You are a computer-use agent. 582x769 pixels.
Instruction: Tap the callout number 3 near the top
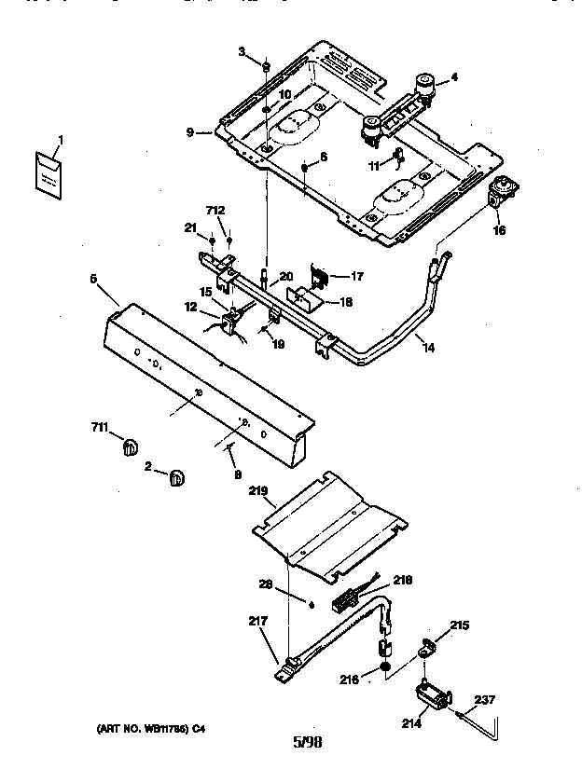pos(241,51)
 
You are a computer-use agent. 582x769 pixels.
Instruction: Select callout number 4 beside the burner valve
pos(454,78)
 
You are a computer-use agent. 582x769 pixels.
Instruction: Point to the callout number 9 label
pos(190,133)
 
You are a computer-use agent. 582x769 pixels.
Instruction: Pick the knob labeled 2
pos(175,477)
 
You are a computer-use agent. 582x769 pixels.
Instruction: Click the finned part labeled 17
pos(321,275)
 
